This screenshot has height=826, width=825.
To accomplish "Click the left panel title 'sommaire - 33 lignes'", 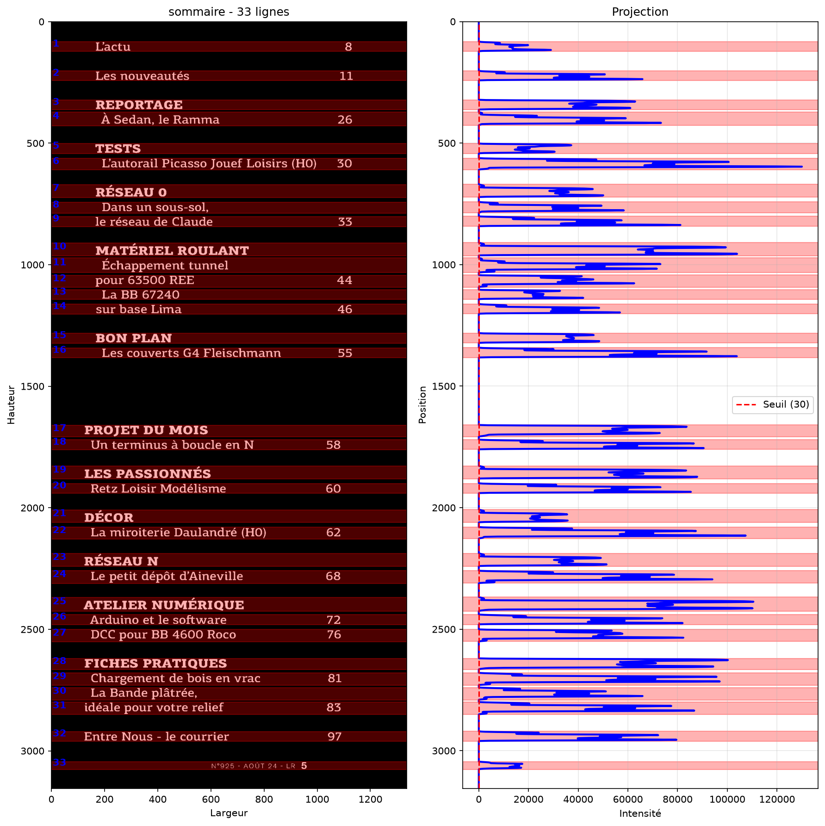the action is pos(229,12).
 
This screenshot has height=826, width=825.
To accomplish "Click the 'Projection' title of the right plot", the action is pos(640,12).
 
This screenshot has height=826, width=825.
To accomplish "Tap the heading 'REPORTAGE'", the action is pos(139,105).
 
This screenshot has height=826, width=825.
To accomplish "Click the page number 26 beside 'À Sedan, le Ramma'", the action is pos(345,120).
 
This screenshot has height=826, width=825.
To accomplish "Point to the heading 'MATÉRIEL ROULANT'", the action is pos(172,250).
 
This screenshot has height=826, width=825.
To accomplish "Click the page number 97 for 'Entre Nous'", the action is pos(334,736).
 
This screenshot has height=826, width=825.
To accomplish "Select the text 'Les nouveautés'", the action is pos(142,76).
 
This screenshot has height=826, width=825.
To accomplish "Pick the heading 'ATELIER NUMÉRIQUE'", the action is pos(164,605).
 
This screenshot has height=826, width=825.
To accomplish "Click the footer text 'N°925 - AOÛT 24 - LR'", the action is pos(253,766).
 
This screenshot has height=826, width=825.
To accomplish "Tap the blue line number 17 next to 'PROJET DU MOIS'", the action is pos(59,428).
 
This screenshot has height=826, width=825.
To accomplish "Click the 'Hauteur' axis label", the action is pos(11,404).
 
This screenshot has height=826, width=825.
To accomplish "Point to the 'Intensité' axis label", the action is pos(640,813).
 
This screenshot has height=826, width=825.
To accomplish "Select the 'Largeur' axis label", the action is pos(229,813).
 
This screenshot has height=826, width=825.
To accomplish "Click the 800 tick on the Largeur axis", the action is pos(264,799).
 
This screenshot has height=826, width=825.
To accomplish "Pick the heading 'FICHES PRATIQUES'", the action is pos(155,663).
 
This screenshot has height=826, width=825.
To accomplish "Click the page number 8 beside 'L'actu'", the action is pos(348,47).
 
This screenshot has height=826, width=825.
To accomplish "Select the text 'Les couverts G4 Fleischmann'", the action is pos(191,353).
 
